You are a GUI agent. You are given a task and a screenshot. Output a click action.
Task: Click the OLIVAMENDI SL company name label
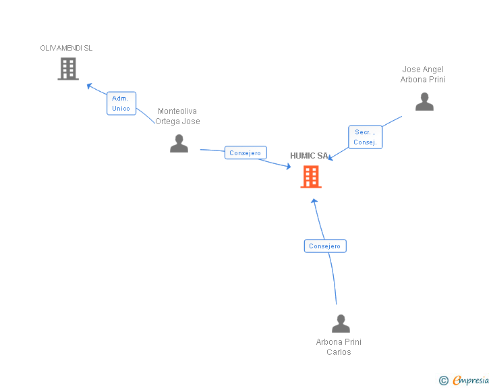coord(66,48)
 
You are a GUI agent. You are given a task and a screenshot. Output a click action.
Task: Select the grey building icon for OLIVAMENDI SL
coord(68,69)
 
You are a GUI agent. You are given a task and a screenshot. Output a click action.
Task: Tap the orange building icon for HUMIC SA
coord(311,177)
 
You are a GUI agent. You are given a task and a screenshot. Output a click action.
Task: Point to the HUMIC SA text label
coord(309,156)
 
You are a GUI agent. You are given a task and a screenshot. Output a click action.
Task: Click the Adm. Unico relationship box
coord(121,103)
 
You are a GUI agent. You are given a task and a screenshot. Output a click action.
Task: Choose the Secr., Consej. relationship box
coord(365,137)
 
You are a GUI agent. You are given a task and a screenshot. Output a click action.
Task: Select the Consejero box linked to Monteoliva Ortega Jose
coord(246,153)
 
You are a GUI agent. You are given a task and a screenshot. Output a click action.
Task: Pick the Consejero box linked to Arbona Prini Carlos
coord(325,246)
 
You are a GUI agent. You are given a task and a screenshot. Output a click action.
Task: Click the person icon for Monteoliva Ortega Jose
coord(179,144)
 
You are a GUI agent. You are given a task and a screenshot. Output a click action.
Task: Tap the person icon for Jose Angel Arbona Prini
coord(424,102)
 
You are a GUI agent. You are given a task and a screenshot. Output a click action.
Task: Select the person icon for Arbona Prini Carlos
coord(341,324)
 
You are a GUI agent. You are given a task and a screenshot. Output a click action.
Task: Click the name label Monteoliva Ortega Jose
coord(177,116)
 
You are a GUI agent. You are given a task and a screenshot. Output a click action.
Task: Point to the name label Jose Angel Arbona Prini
coord(423,74)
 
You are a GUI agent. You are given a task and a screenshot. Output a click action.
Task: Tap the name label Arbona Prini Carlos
coord(339,347)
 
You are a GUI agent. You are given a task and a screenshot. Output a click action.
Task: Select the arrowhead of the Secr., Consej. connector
coord(330,157)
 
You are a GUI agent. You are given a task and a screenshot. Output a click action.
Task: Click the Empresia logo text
coord(471,380)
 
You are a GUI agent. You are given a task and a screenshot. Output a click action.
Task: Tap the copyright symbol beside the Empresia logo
coord(443,381)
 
